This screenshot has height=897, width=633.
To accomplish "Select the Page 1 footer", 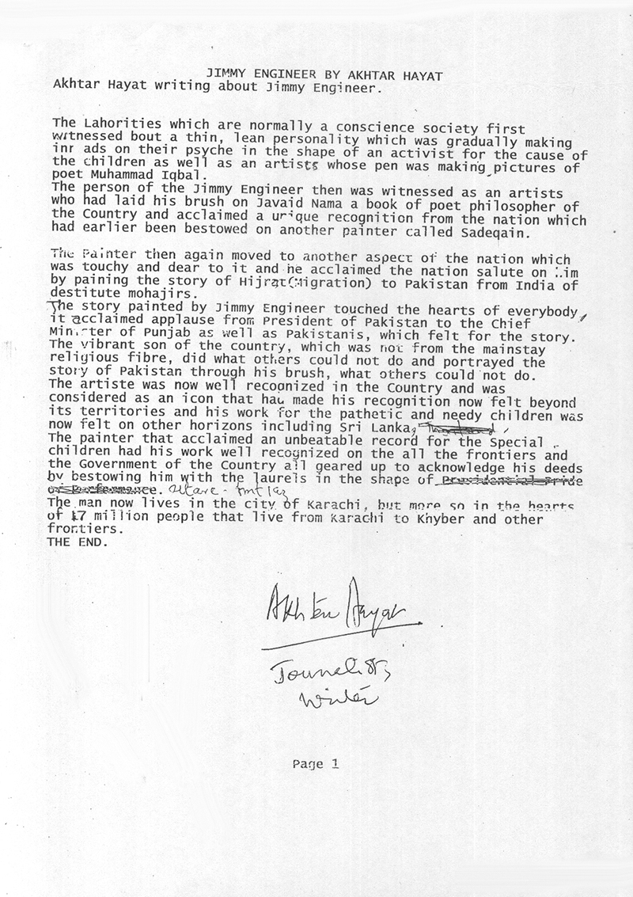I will pyautogui.click(x=316, y=764).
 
